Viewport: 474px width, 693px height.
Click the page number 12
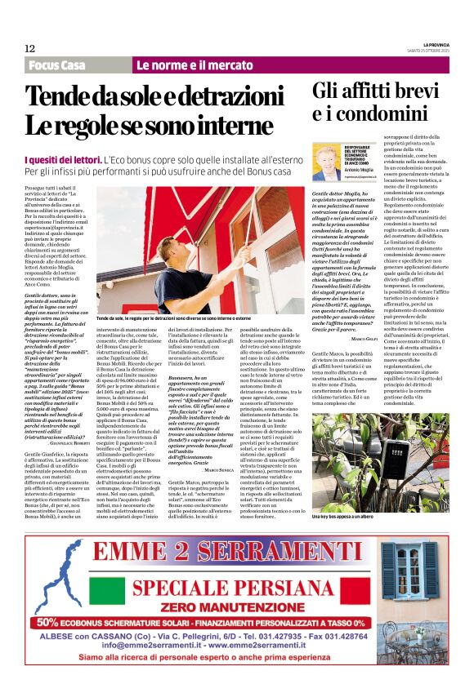[x=29, y=49]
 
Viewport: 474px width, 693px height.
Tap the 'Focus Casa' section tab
[x=56, y=65]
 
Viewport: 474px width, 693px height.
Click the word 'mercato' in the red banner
[x=230, y=65]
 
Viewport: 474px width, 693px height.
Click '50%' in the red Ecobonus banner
[x=54, y=621]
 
